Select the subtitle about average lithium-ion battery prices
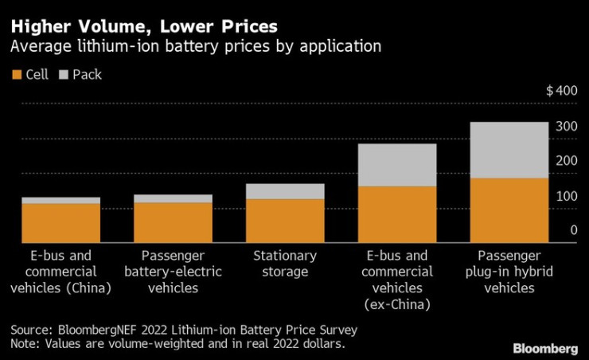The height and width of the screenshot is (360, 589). click(195, 46)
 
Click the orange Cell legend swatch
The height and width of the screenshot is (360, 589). click(18, 75)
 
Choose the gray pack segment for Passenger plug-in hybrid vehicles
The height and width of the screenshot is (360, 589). click(509, 150)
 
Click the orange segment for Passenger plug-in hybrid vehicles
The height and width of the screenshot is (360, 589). click(509, 209)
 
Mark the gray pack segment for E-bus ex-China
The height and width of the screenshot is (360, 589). click(397, 165)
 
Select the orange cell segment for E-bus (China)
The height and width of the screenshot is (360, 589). click(60, 222)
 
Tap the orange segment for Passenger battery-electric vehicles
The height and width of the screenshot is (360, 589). click(173, 221)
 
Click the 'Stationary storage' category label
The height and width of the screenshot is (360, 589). click(284, 264)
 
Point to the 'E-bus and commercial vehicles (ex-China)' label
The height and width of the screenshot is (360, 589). click(397, 280)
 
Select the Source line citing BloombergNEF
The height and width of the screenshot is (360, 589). click(184, 329)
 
